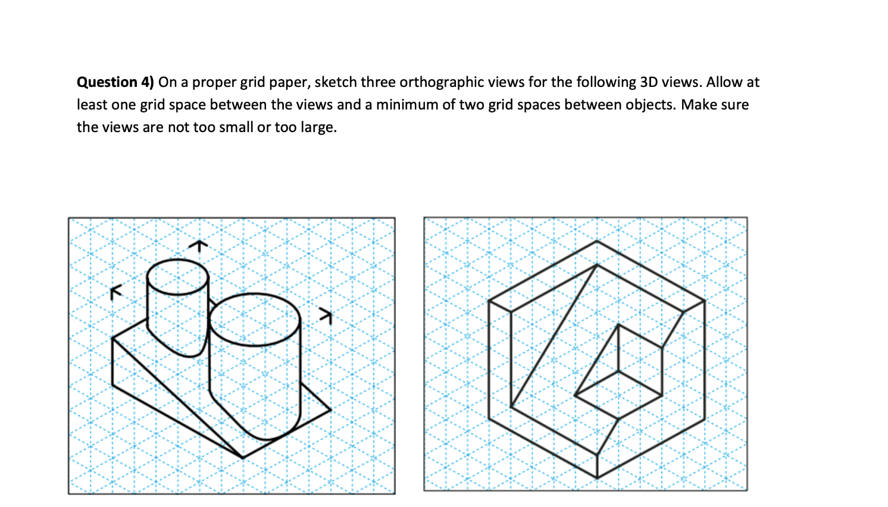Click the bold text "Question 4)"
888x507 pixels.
pos(115,82)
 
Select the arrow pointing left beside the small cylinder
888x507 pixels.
pos(115,292)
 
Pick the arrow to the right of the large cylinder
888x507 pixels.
pos(325,315)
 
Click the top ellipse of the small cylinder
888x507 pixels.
pos(177,277)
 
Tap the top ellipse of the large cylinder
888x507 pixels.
pos(254,319)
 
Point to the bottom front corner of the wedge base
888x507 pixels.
pos(243,458)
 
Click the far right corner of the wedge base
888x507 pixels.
pos(330,409)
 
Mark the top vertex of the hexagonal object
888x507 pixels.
pos(597,241)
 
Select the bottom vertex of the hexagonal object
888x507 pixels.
pos(597,477)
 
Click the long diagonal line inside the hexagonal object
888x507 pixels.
pos(554,336)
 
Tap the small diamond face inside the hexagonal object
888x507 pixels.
pos(619,395)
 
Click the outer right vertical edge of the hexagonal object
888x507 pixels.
pos(705,360)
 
